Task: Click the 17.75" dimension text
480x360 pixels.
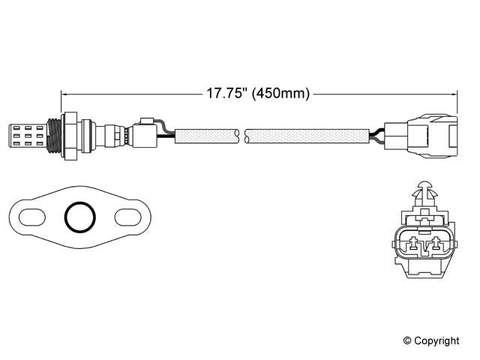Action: pyautogui.click(x=227, y=94)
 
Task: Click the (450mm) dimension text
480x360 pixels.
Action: pyautogui.click(x=281, y=94)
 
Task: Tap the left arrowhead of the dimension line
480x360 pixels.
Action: pyautogui.click(x=64, y=94)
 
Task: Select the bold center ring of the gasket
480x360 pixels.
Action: pyautogui.click(x=79, y=217)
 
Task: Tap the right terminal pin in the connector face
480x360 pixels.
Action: pyautogui.click(x=434, y=243)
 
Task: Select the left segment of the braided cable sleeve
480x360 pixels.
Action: pyautogui.click(x=206, y=136)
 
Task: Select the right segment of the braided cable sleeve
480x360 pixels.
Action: pyautogui.click(x=307, y=136)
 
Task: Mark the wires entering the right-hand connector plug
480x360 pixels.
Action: pyautogui.click(x=376, y=136)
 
